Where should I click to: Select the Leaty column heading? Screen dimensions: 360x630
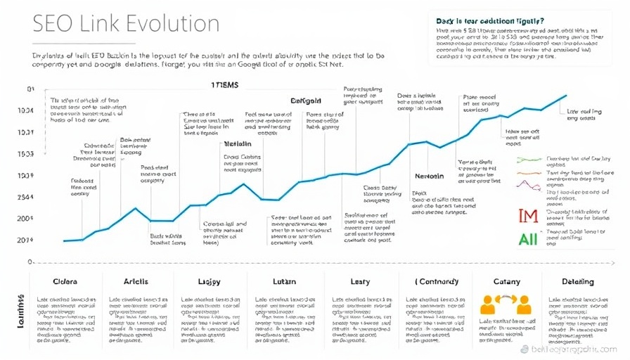click(360, 282)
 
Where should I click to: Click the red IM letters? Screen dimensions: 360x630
click(528, 217)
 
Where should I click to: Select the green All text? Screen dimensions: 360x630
click(528, 238)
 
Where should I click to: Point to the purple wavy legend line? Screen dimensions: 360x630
click(527, 185)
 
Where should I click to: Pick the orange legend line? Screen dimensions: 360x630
click(527, 172)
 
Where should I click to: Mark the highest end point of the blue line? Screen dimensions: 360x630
click(566, 95)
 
